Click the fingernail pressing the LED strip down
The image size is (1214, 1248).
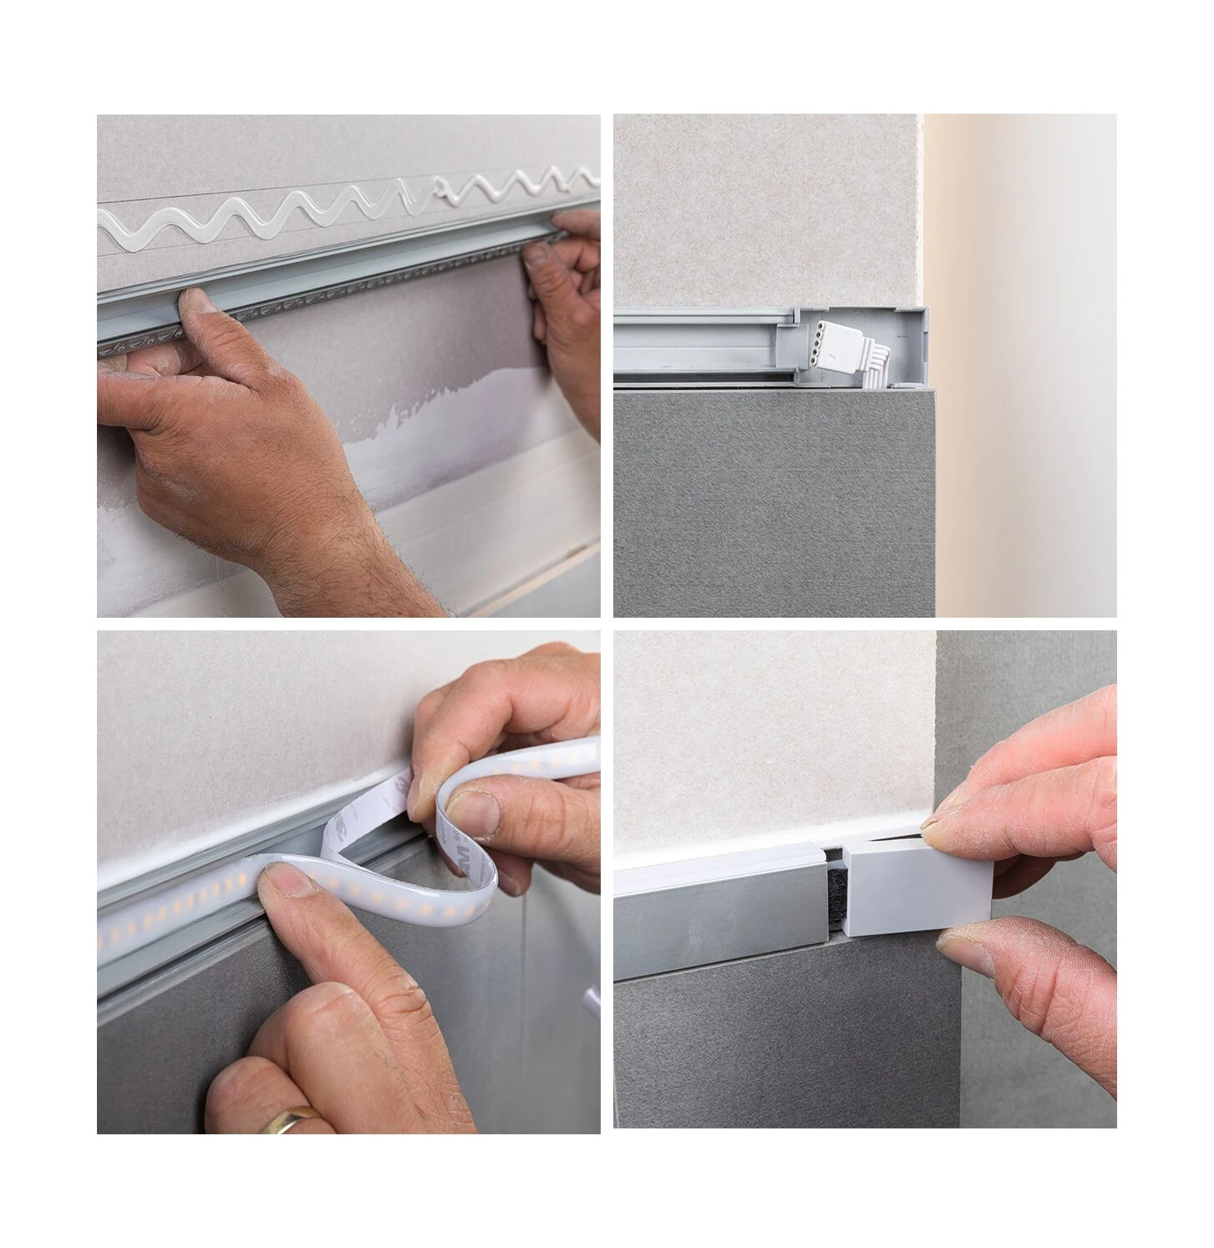pos(280,878)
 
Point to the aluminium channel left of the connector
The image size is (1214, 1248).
pos(702,343)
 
